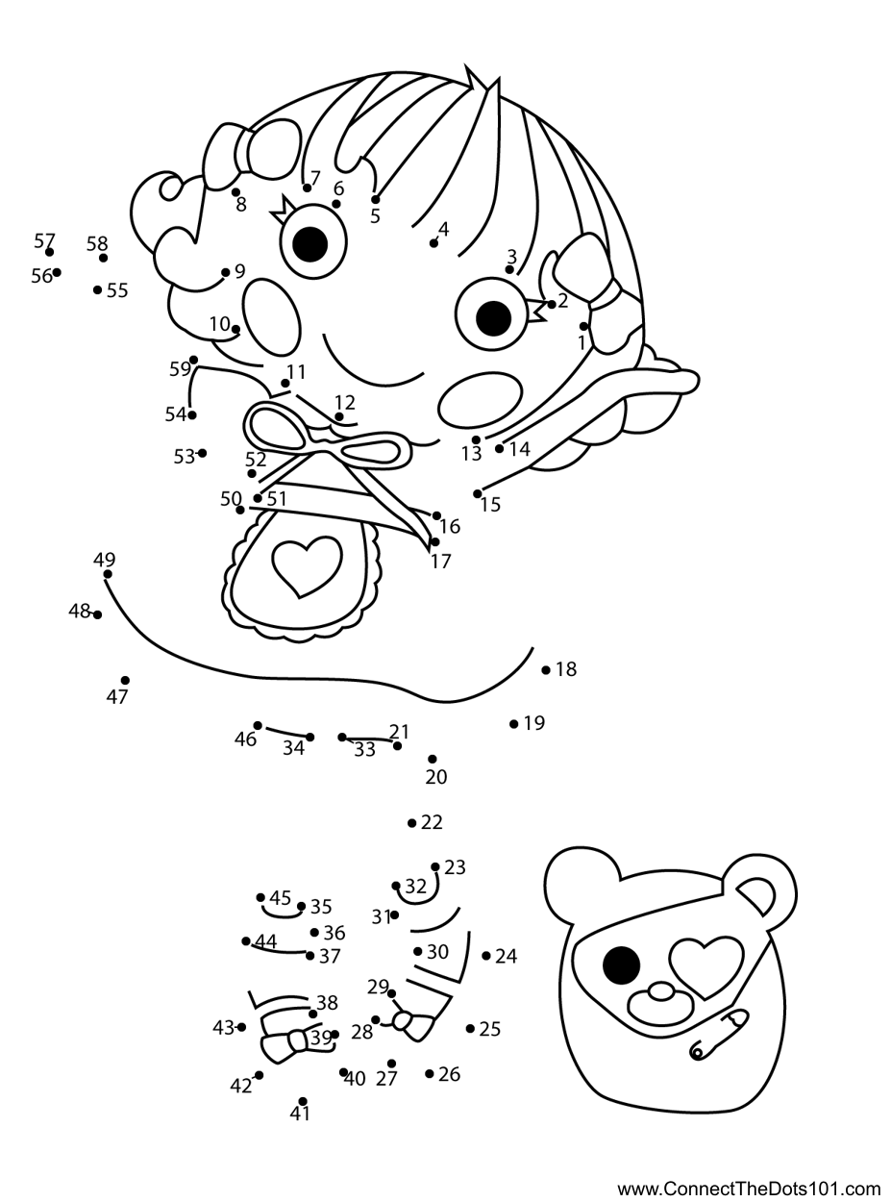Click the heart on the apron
[308, 565]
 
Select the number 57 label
[44, 240]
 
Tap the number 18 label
[566, 669]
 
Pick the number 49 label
[104, 559]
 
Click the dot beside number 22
[411, 823]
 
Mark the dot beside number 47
[125, 680]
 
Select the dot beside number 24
[485, 956]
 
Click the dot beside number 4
[433, 244]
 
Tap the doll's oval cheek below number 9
[271, 317]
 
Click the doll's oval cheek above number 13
[481, 400]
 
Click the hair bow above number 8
[252, 151]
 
